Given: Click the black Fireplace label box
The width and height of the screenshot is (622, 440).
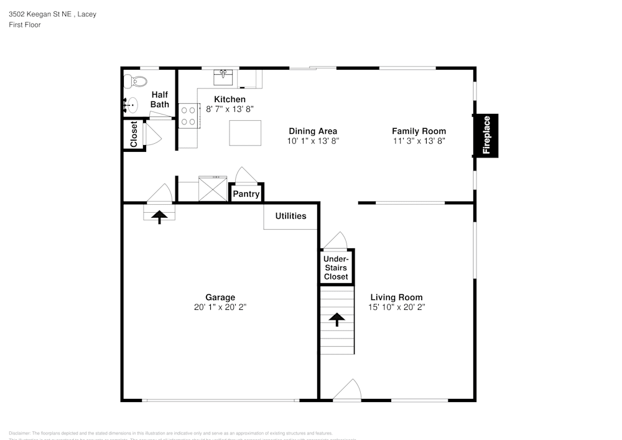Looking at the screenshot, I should click(x=486, y=134).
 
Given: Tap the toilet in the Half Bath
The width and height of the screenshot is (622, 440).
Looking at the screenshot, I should click(x=136, y=82).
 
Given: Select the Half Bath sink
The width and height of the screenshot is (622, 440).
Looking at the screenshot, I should click(x=131, y=105).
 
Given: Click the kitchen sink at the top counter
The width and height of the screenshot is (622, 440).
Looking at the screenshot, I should click(x=223, y=77).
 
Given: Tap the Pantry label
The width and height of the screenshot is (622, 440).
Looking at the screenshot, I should click(x=246, y=194).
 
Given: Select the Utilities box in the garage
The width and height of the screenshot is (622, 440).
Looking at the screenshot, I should click(x=290, y=216).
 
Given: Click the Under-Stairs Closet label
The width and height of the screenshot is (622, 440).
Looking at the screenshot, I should click(x=336, y=268).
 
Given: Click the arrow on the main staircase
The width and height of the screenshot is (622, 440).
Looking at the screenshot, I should click(x=337, y=319).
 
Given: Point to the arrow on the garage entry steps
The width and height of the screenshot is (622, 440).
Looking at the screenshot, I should click(x=160, y=217).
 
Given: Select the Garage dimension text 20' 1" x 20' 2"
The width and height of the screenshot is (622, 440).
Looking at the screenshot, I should click(x=220, y=307).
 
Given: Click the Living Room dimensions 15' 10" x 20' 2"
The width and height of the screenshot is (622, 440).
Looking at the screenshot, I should click(x=396, y=307).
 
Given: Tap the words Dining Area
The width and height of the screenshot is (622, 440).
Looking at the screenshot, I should click(x=313, y=131).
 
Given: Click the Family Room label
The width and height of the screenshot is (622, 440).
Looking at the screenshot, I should click(x=419, y=131).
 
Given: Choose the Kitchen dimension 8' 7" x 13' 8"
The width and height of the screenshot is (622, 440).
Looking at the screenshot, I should click(x=230, y=109).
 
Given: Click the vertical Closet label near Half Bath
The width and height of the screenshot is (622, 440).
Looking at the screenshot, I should click(x=134, y=134).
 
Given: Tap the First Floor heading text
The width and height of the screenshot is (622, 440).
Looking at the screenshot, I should click(x=25, y=25).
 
